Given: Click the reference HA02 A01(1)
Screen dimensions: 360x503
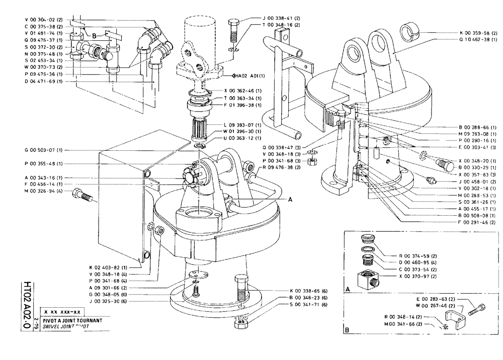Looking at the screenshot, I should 251,76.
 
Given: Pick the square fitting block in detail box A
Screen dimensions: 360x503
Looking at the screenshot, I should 369,280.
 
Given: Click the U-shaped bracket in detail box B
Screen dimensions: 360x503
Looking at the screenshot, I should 450,320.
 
